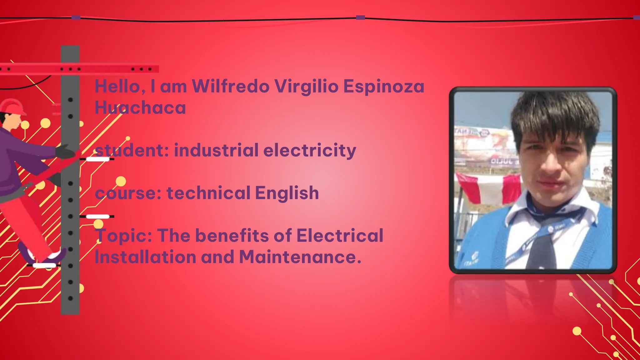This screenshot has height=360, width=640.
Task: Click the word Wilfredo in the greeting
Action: click(x=230, y=86)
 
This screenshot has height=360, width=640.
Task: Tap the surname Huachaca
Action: click(x=140, y=108)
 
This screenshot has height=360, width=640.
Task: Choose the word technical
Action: click(x=208, y=193)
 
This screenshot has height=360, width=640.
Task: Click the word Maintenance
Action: click(x=300, y=257)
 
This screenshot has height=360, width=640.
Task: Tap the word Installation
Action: click(x=145, y=257)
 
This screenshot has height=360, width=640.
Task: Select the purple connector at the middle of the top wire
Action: click(x=360, y=17)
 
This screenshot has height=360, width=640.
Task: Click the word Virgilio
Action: click(x=306, y=87)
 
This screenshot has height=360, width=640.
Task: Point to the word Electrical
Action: click(x=340, y=235)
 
